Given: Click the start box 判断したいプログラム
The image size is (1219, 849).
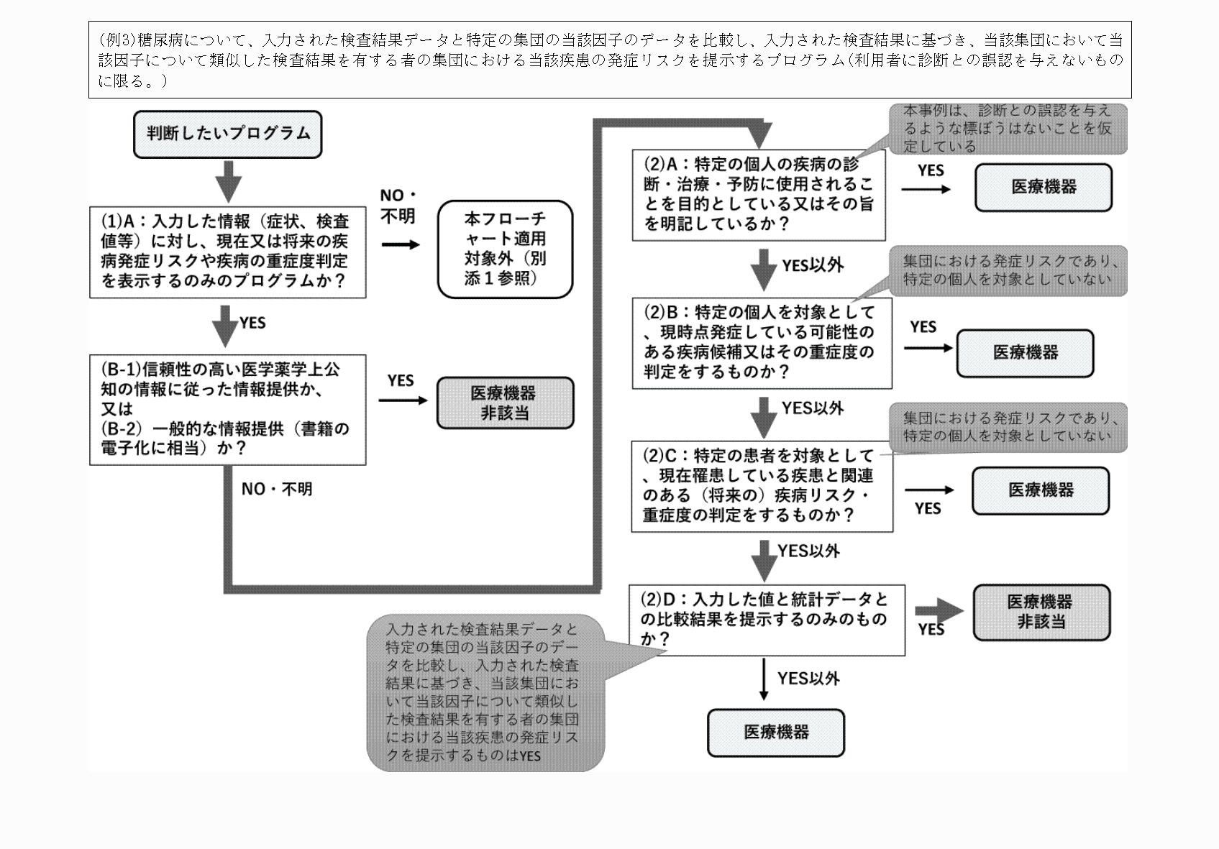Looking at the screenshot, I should pos(227,134).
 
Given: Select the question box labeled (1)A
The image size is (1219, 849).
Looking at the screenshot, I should pos(227,252).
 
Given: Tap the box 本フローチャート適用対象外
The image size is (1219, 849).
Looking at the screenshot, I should pos(505,249).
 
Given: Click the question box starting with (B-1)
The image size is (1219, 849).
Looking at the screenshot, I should pos(227,409).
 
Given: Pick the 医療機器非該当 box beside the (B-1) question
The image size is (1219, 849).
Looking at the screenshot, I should pos(505,403).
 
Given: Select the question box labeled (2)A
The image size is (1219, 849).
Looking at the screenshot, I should pos(758,194).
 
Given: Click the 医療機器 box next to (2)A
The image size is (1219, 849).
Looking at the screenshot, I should pos(1043,188).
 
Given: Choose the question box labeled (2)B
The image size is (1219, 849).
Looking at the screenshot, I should pos(762,343).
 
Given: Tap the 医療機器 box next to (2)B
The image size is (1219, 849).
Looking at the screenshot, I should pos(1025,353).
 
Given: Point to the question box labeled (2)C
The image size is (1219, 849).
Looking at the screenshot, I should pos(762,486).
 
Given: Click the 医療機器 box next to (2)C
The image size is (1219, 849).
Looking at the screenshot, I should pos(1040,490).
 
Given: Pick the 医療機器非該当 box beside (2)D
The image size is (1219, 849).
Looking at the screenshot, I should pos(1041,612).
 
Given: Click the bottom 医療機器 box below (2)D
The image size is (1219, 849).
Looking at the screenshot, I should pos(775,733).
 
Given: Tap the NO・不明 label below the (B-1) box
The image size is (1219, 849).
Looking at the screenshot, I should pos(276,490).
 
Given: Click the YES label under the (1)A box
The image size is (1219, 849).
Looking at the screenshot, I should pos(252,323).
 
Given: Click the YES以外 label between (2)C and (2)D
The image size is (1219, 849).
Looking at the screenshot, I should pos(808,551).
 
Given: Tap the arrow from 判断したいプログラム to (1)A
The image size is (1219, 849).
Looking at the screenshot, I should pos(228,180).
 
